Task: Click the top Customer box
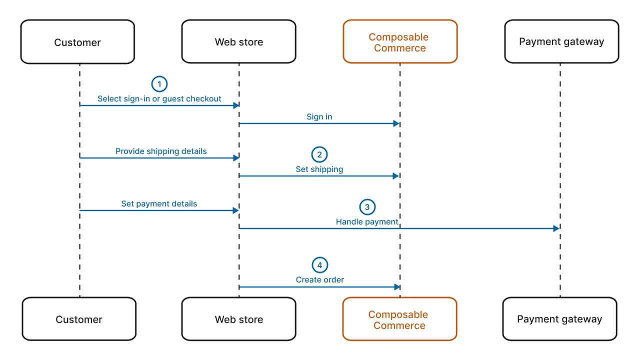pos(77,42)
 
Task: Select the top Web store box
pos(238,42)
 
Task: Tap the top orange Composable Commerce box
pos(399,42)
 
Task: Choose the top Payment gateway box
pos(561,42)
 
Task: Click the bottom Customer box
pos(79,319)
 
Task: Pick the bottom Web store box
pos(238,319)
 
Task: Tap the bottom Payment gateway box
pos(559,319)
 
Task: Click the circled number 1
pos(159,84)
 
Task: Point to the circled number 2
pos(319,154)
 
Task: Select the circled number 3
pos(367,206)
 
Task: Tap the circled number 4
pos(319,265)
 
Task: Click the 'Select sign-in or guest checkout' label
pos(159,99)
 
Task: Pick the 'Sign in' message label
pos(319,117)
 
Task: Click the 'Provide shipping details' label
pos(161,151)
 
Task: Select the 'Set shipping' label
pos(319,169)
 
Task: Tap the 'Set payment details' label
pos(159,204)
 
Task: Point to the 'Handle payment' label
pos(367,222)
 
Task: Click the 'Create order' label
pos(319,280)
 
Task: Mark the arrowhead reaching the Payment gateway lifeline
pos(556,228)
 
